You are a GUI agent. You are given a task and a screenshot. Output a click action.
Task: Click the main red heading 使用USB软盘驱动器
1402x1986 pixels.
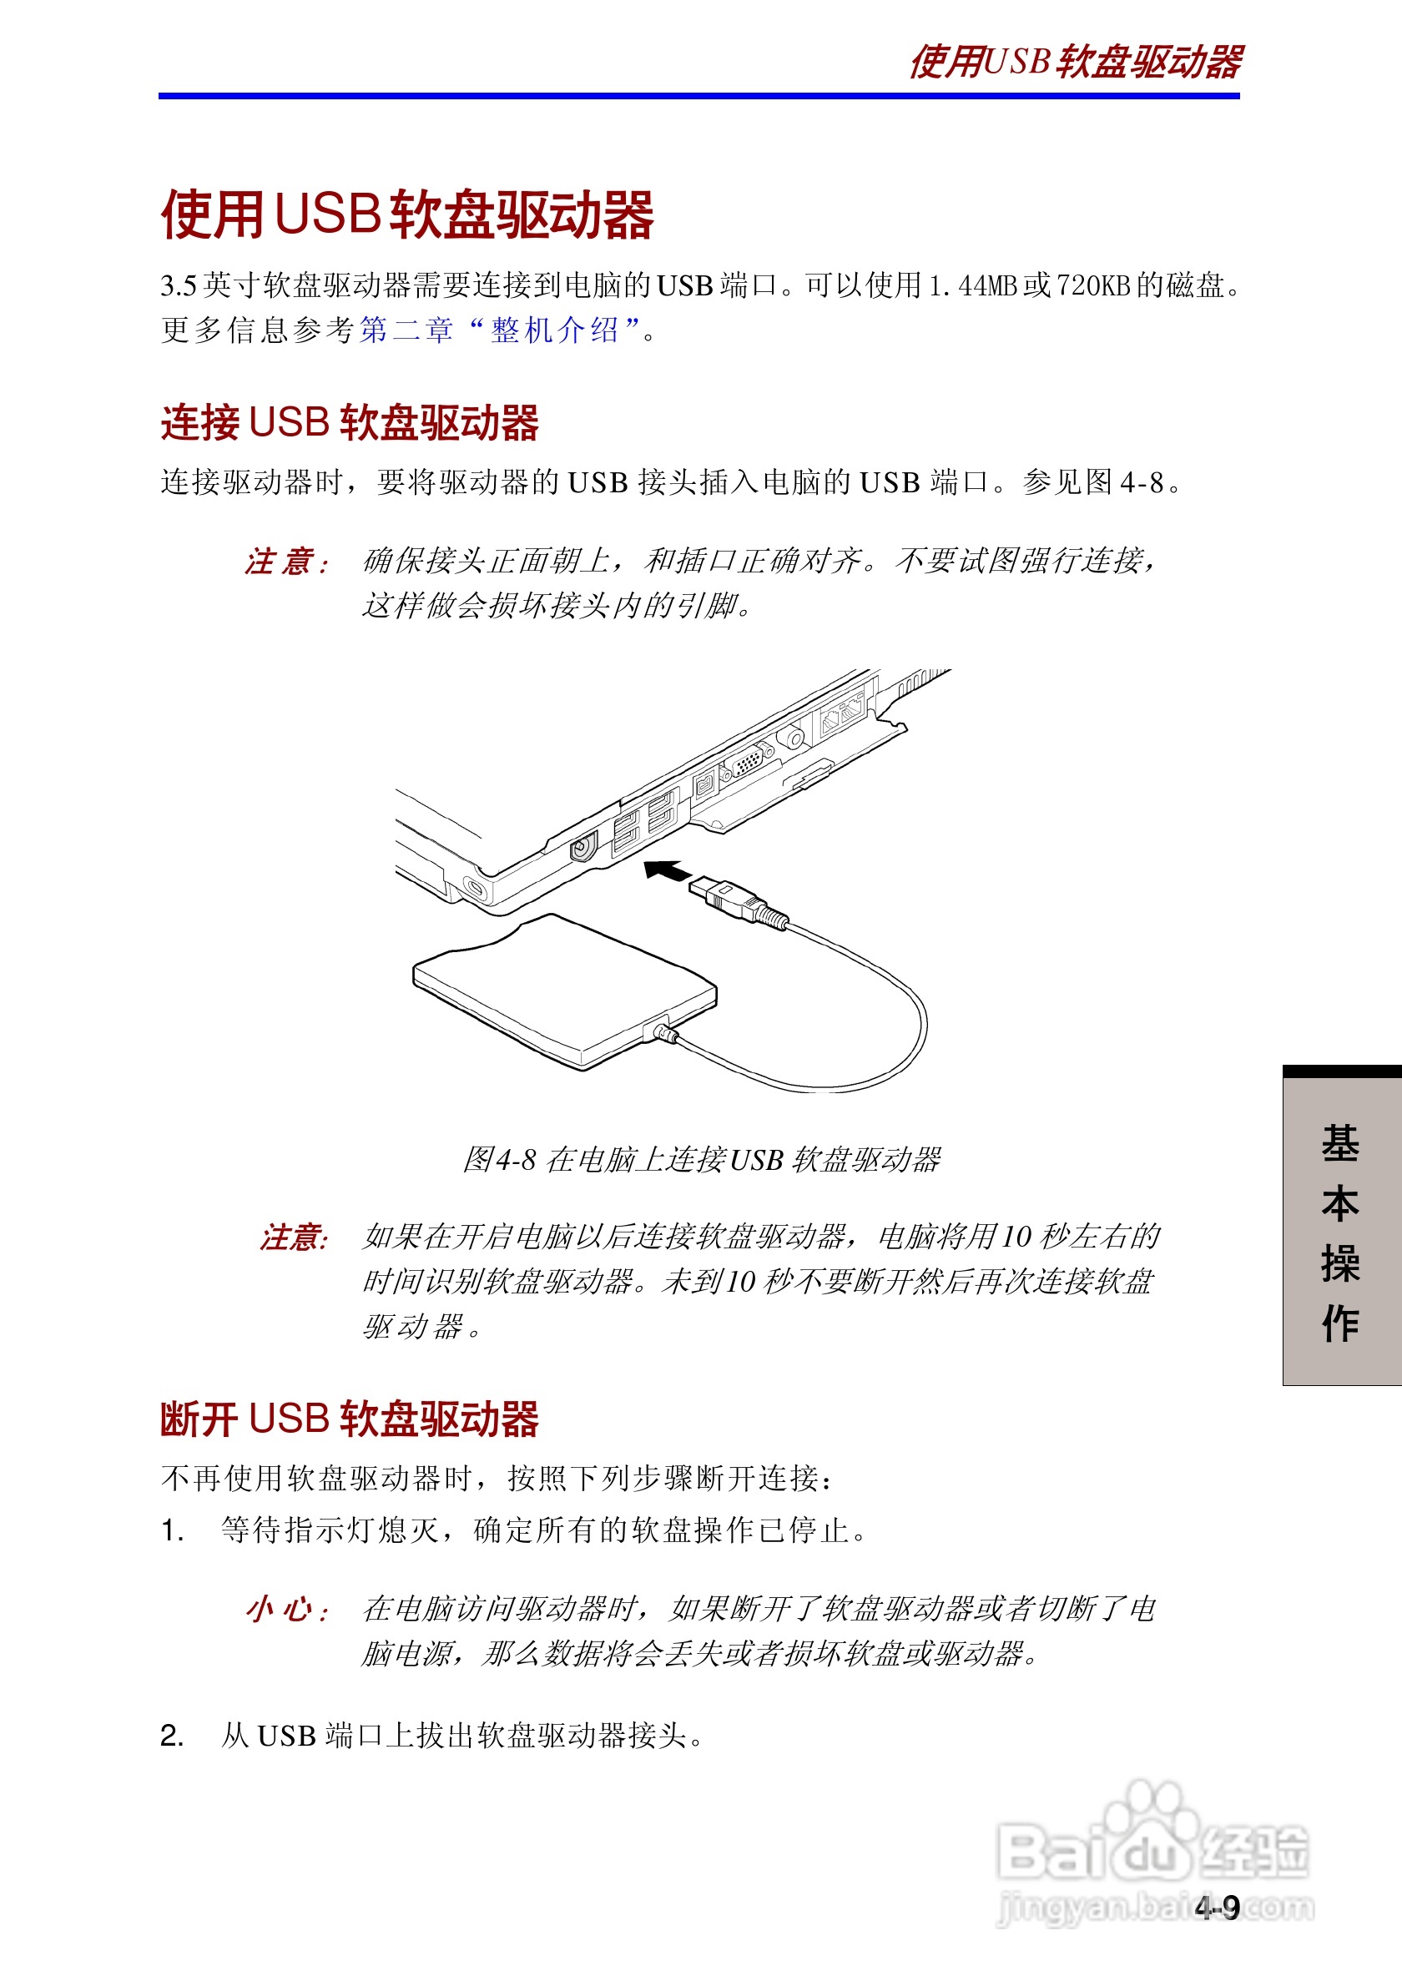tap(406, 214)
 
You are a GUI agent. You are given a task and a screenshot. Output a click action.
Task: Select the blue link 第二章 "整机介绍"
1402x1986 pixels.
tap(499, 330)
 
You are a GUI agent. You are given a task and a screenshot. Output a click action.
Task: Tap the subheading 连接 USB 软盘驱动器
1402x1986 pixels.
tap(350, 423)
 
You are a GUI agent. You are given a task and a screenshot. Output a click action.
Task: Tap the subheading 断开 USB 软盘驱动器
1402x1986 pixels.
tap(350, 1419)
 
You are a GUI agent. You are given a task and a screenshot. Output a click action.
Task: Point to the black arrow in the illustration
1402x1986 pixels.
tap(667, 871)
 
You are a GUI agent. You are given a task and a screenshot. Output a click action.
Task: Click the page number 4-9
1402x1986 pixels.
tap(1217, 1908)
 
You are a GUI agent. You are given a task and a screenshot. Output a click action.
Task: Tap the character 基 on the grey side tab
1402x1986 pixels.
tap(1339, 1143)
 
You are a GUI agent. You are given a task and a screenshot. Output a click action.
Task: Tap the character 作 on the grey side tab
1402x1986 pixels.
tap(1339, 1323)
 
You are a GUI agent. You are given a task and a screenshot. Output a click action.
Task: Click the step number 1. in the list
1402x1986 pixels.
tap(172, 1531)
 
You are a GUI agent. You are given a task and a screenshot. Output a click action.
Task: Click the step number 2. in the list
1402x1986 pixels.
tap(172, 1736)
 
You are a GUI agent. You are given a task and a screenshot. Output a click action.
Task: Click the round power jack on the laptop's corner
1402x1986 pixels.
tap(585, 846)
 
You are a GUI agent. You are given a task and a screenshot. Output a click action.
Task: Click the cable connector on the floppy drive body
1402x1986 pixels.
tap(663, 1031)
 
